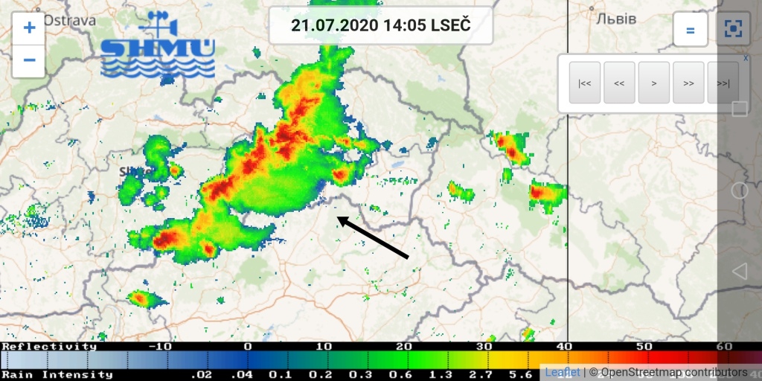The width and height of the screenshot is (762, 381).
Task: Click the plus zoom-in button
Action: pos(29,28)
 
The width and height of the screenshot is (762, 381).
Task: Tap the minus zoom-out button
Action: pos(29,60)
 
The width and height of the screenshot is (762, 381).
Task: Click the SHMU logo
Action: pos(158,46)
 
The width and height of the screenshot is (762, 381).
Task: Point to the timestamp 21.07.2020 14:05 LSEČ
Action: pos(380,25)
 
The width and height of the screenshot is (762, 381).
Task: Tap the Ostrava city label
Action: pos(68,20)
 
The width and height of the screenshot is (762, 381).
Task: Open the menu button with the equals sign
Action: pos(690,30)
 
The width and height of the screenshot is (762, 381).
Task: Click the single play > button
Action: pos(654,83)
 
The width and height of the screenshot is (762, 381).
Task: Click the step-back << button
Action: pos(619,83)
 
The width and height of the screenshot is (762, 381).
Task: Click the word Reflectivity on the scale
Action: pos(49,347)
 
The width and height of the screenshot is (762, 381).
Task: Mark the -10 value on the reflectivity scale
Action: pos(160,347)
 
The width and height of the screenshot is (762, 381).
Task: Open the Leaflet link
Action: pos(563,372)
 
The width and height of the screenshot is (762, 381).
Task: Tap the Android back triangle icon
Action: pos(739,272)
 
